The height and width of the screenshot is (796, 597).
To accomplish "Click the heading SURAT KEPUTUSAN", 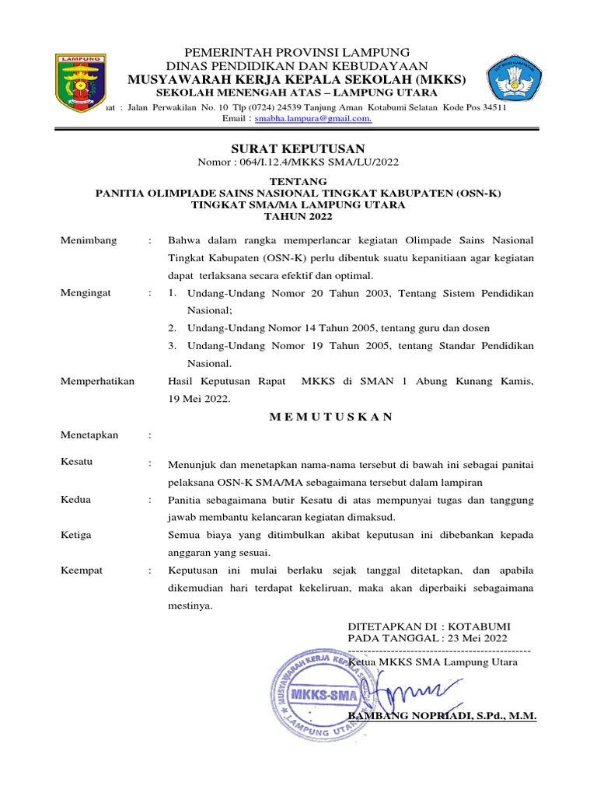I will click(298, 148).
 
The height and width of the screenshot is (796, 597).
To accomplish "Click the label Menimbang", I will click(89, 241).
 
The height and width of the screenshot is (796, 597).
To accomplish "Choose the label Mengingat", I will click(86, 294).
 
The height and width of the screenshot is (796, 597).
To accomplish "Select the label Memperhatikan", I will click(98, 381).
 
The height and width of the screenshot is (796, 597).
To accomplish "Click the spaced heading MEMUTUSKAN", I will click(331, 417).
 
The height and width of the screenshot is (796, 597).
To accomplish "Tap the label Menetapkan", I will click(89, 435).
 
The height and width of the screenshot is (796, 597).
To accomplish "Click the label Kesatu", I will click(76, 462).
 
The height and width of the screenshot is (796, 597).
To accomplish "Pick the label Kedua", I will click(76, 500).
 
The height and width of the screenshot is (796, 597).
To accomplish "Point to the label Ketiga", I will click(76, 536).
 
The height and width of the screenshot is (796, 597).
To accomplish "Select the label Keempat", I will click(81, 571).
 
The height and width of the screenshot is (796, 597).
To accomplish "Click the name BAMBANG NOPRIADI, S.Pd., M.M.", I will click(442, 716).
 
